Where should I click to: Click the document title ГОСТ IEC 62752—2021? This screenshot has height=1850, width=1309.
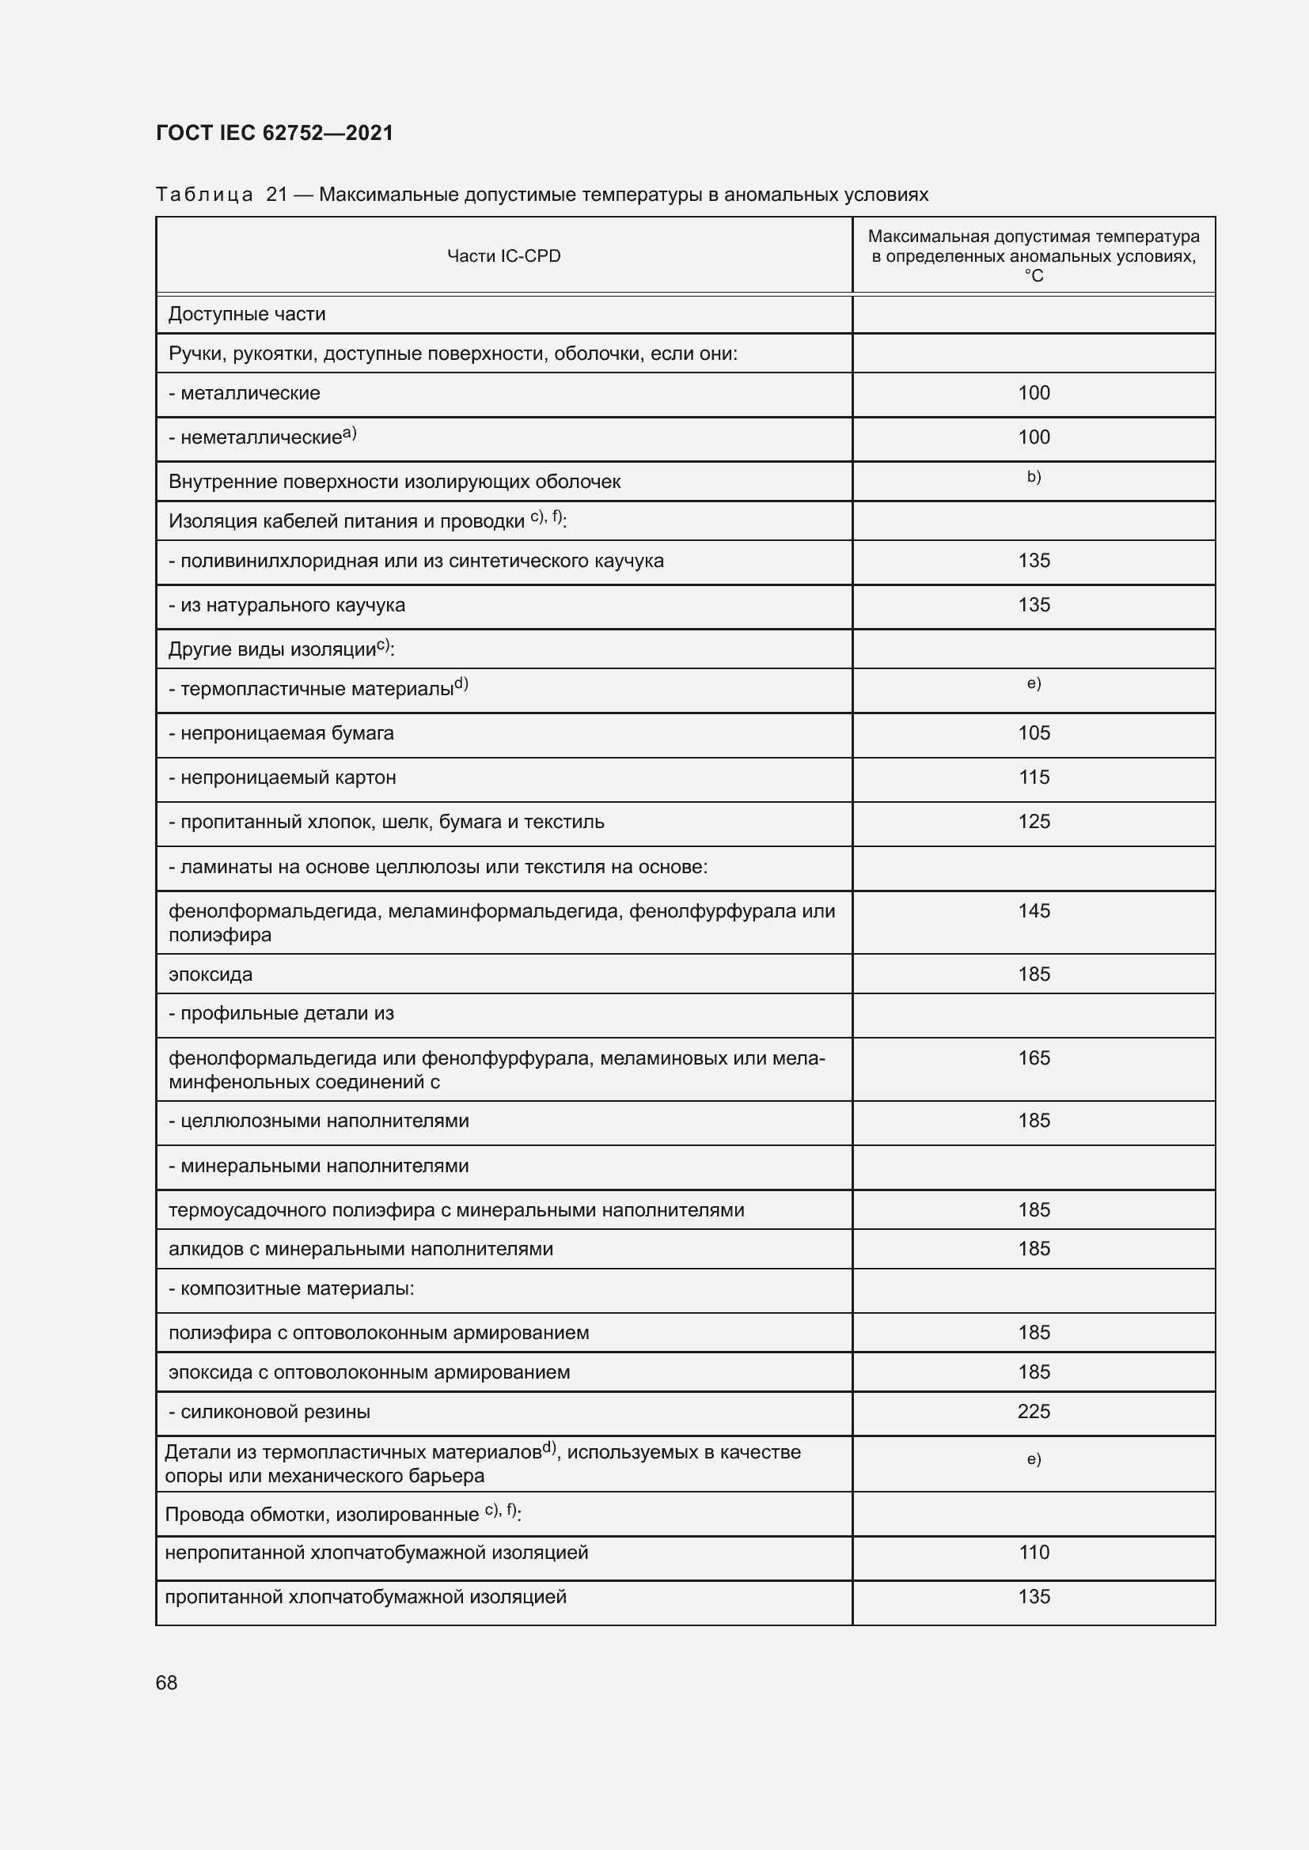click(274, 133)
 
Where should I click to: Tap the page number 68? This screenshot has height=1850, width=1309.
click(167, 1682)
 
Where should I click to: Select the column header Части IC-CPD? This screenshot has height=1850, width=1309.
click(504, 256)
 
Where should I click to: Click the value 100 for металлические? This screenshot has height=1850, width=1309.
click(1034, 393)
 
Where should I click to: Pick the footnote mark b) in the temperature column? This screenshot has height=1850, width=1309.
click(1034, 477)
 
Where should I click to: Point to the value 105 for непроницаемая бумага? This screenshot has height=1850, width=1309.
click(1034, 733)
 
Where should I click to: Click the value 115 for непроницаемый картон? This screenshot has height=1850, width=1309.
click(1034, 777)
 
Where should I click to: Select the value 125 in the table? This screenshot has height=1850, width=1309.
click(1034, 822)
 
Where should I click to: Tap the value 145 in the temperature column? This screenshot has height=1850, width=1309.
click(1034, 911)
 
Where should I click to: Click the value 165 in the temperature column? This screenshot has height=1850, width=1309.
click(1034, 1058)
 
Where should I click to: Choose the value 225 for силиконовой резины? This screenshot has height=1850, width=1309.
click(1034, 1412)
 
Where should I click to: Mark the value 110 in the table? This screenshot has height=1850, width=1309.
click(1034, 1553)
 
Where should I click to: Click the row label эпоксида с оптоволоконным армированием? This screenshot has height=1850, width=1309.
click(369, 1372)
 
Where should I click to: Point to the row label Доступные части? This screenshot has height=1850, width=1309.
click(247, 314)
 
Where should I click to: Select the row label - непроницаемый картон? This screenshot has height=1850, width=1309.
click(282, 777)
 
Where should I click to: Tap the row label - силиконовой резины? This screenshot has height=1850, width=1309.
click(269, 1412)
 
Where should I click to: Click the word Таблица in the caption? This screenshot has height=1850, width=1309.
click(204, 195)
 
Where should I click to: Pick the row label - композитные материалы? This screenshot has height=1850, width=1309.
click(291, 1288)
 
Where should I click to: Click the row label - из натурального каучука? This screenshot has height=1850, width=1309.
click(286, 605)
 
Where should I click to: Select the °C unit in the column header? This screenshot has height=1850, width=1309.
click(1034, 276)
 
